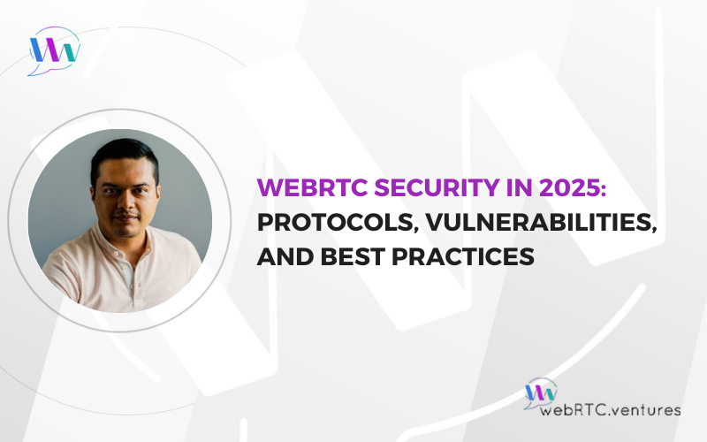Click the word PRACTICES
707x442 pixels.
[x=463, y=256]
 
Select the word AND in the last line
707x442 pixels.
[x=285, y=256]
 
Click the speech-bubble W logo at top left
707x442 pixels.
[x=54, y=50]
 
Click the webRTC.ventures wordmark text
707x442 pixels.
[x=610, y=409]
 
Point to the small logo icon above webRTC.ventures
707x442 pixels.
[x=540, y=392]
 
